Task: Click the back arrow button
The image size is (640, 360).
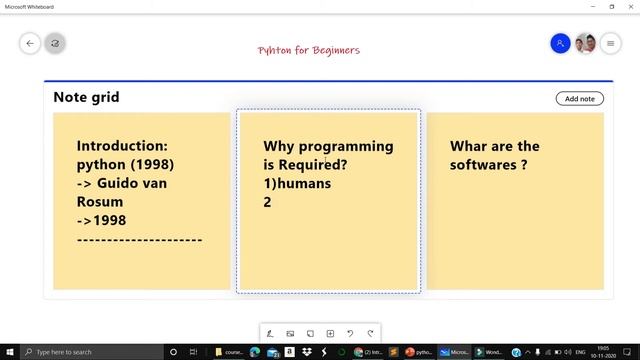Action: click(30, 43)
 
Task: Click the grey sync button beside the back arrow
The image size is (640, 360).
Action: click(55, 43)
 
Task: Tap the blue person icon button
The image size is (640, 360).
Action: click(560, 43)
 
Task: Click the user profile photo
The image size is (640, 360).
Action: click(586, 43)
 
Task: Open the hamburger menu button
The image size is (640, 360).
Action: click(611, 43)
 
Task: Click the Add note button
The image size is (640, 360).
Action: click(580, 98)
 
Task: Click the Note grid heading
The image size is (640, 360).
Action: click(86, 97)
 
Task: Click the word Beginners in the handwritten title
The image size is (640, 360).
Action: click(334, 50)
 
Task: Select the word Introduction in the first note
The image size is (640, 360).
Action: click(122, 146)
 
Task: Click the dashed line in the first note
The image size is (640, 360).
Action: click(139, 239)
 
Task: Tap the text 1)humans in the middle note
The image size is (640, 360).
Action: click(297, 183)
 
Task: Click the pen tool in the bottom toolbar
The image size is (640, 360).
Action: click(269, 332)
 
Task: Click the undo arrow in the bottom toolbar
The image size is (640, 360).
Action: click(350, 332)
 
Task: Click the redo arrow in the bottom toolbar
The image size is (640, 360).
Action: click(371, 332)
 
